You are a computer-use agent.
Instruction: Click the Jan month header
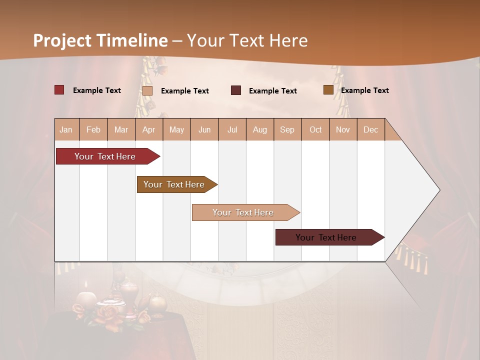pos(66,129)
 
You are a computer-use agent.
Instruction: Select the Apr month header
pos(148,129)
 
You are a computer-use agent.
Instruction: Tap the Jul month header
pos(232,129)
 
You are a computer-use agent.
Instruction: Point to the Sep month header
pos(287,129)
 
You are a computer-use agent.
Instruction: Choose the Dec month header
pos(370,129)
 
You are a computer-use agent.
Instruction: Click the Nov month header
pos(342,129)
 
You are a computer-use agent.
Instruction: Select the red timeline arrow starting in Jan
pos(105,156)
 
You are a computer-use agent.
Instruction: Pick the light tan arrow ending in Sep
pos(243,212)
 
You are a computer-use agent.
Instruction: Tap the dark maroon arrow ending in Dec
pos(326,237)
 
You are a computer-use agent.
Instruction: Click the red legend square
pos(59,90)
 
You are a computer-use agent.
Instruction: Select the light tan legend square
pos(147,90)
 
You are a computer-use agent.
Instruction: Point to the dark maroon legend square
pos(236,90)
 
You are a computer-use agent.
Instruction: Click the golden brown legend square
pos(328,90)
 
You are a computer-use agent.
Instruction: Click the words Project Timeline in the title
pos(100,40)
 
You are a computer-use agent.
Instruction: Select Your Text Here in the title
pos(247,40)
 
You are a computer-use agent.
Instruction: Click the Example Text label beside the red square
pos(96,90)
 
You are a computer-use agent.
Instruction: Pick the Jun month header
pos(204,129)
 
